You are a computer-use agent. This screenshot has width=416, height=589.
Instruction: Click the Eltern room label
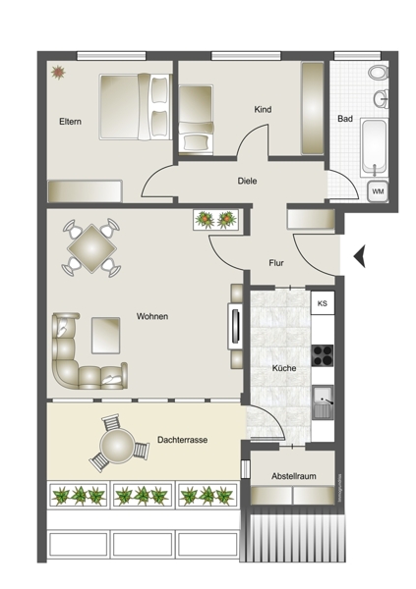[x=70, y=122]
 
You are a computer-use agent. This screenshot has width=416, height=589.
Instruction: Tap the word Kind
[x=263, y=109]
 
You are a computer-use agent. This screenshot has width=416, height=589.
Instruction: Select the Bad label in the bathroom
[x=345, y=119]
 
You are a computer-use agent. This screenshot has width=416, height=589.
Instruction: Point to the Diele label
[x=247, y=181]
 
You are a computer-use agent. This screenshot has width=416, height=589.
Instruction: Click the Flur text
[x=276, y=263]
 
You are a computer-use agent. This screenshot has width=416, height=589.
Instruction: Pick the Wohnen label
[x=152, y=316]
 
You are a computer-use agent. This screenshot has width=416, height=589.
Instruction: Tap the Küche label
[x=284, y=368]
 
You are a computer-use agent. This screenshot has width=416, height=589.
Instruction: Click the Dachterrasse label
[x=182, y=440]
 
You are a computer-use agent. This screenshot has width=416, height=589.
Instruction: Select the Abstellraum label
[x=294, y=476]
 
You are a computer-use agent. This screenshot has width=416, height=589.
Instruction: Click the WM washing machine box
[x=378, y=191]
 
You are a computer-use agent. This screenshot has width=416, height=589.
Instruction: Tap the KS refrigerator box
[x=323, y=303]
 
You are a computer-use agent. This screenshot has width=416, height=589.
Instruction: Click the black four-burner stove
[x=323, y=355]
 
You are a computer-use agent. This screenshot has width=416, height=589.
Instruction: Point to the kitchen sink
[x=323, y=402]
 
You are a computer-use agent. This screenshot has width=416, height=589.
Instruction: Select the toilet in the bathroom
[x=378, y=73]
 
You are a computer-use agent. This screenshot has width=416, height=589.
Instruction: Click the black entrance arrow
[x=359, y=256]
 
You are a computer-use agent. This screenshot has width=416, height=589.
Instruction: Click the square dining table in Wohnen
[x=91, y=248]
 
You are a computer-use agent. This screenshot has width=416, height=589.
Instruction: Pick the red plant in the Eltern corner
[x=58, y=72]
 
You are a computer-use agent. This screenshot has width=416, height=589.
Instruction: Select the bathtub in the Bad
[x=374, y=147]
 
